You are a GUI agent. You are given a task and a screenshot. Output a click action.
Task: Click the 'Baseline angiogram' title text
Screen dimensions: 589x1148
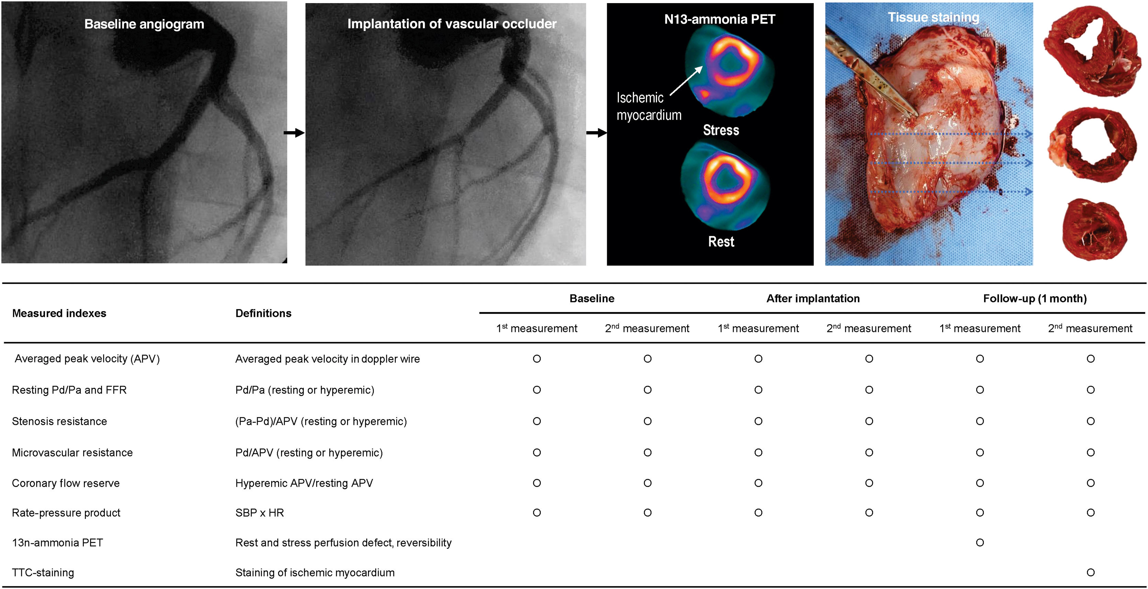click(x=144, y=24)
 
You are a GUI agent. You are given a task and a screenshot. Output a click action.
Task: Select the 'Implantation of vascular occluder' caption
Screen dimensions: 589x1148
click(x=452, y=24)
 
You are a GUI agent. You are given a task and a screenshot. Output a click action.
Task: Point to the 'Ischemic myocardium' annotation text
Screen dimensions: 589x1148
click(x=648, y=106)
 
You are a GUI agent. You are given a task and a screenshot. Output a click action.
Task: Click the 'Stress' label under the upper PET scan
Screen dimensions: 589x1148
click(x=721, y=130)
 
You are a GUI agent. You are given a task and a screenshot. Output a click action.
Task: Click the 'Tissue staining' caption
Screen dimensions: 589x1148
click(x=933, y=17)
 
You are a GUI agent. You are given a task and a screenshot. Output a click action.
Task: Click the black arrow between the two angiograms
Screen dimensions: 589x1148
click(x=294, y=133)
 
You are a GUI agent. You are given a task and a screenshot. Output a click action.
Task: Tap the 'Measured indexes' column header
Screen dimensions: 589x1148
click(x=59, y=313)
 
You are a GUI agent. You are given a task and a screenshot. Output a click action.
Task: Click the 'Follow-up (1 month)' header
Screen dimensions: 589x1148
click(x=1034, y=298)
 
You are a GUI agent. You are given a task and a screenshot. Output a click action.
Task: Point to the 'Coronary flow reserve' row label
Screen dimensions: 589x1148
click(x=66, y=483)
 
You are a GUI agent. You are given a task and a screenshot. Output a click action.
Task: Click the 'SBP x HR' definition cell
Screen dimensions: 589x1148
click(x=259, y=513)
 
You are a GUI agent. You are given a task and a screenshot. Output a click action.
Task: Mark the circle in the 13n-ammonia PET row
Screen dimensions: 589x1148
click(x=980, y=543)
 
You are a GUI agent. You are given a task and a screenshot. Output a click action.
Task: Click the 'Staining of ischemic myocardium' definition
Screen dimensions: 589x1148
click(x=315, y=573)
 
